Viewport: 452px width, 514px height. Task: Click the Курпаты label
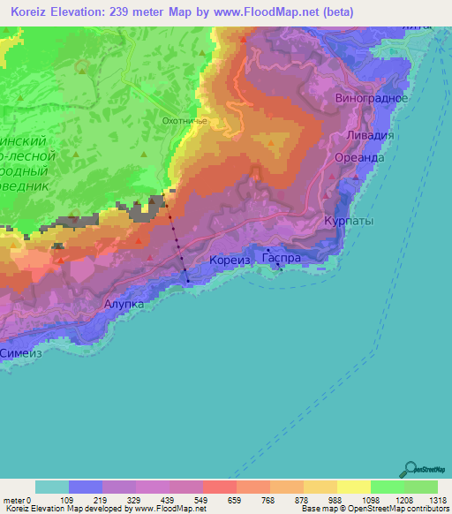[x=349, y=220]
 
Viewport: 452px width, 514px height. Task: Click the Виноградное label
[x=372, y=98]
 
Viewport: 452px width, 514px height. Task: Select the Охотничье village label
[x=185, y=122]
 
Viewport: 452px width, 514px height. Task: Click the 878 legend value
[x=304, y=499]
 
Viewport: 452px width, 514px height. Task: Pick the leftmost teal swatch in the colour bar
[x=52, y=487]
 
